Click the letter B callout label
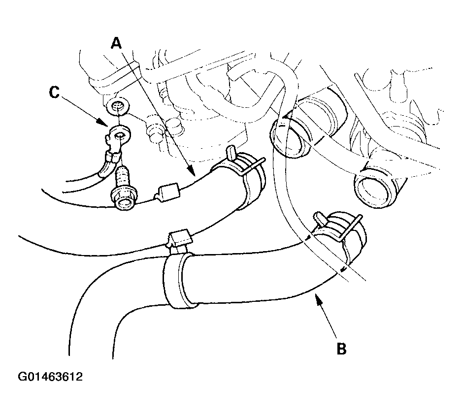[x=341, y=349]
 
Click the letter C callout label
[x=54, y=92]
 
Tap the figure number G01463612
[x=50, y=377]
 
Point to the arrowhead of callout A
[x=190, y=171]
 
